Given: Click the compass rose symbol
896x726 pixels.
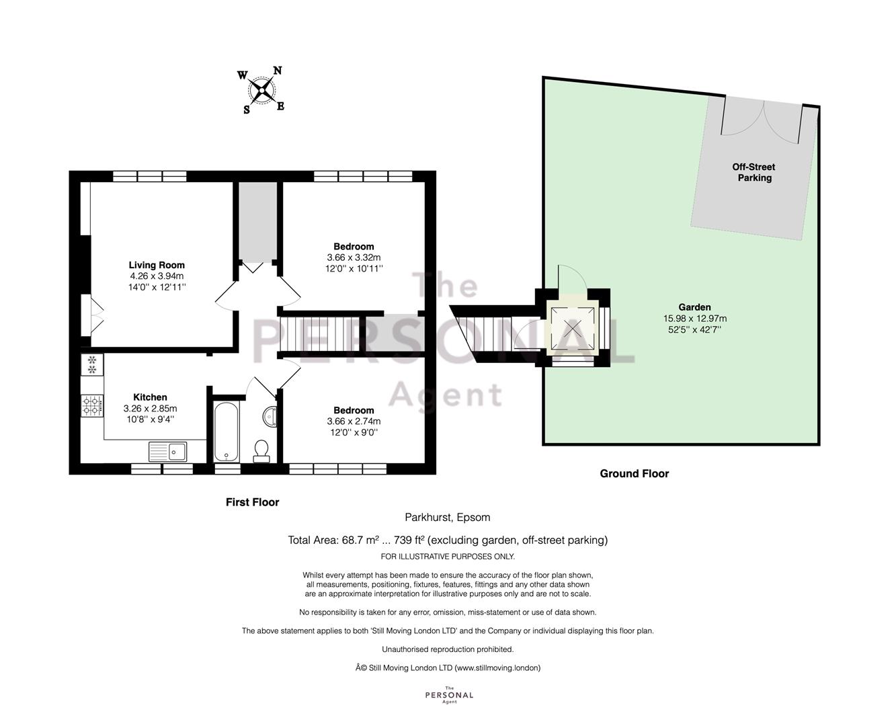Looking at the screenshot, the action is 261,90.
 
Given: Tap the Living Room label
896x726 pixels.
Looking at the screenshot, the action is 157,265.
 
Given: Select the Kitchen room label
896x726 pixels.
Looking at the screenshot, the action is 150,397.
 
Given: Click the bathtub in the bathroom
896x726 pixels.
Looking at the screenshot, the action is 227,432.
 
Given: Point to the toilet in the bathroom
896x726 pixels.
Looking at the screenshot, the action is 261,450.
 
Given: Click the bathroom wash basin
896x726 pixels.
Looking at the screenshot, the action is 270,416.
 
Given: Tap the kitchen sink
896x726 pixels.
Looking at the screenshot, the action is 168,452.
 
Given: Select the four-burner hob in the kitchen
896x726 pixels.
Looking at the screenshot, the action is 92,405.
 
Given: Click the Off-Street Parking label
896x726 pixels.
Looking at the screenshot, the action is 754,173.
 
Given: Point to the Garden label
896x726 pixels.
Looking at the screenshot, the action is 694,307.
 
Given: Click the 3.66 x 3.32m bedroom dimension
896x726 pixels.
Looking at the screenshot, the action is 354,257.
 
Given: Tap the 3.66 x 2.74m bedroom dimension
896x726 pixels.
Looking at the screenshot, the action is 354,421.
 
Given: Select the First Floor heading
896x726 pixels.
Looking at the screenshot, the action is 252,501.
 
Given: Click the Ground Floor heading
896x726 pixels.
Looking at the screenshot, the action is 634,474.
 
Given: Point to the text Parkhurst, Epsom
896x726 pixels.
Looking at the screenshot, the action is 448,518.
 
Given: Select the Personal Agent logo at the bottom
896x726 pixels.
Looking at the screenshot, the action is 449,695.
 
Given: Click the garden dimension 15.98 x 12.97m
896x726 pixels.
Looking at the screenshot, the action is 694,319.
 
